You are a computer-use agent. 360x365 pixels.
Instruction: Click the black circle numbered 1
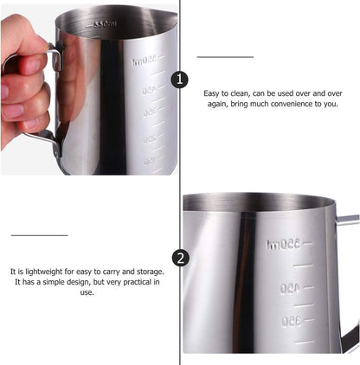pos(180,80)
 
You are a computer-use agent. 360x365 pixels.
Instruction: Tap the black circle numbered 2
pos(180,258)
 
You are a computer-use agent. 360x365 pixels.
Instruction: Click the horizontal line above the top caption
pos(225,56)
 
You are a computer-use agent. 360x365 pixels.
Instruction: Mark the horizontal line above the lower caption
pos(39,234)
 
